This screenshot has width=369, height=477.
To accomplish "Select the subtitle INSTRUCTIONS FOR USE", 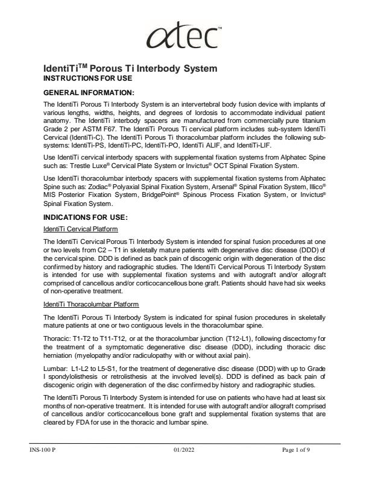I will point(87,79).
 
